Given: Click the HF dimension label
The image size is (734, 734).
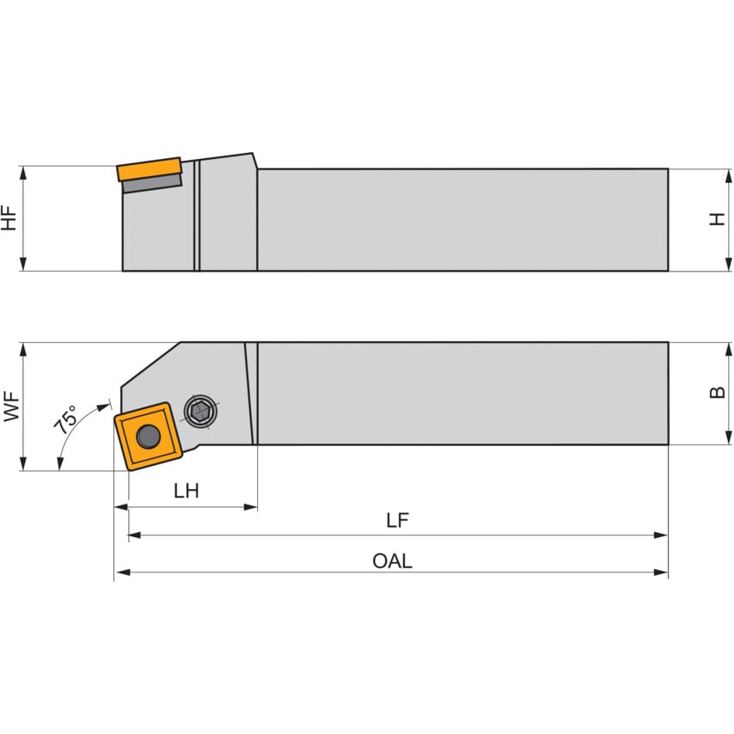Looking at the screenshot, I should pyautogui.click(x=9, y=219).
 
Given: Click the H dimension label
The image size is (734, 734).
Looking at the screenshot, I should pyautogui.click(x=716, y=219).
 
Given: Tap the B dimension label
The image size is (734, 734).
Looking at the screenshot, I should pyautogui.click(x=716, y=393).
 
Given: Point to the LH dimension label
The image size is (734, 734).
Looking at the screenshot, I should pyautogui.click(x=186, y=491).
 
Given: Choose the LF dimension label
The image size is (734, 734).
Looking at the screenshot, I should pyautogui.click(x=397, y=520).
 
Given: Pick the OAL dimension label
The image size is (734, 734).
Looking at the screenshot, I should pyautogui.click(x=392, y=561).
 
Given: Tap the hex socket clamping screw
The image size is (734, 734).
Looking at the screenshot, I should pyautogui.click(x=200, y=412).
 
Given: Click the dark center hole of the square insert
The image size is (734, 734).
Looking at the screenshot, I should pyautogui.click(x=149, y=436).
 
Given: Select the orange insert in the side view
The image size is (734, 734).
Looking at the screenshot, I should pyautogui.click(x=149, y=168).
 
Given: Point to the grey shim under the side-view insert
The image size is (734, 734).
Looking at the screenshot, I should pyautogui.click(x=152, y=182).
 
